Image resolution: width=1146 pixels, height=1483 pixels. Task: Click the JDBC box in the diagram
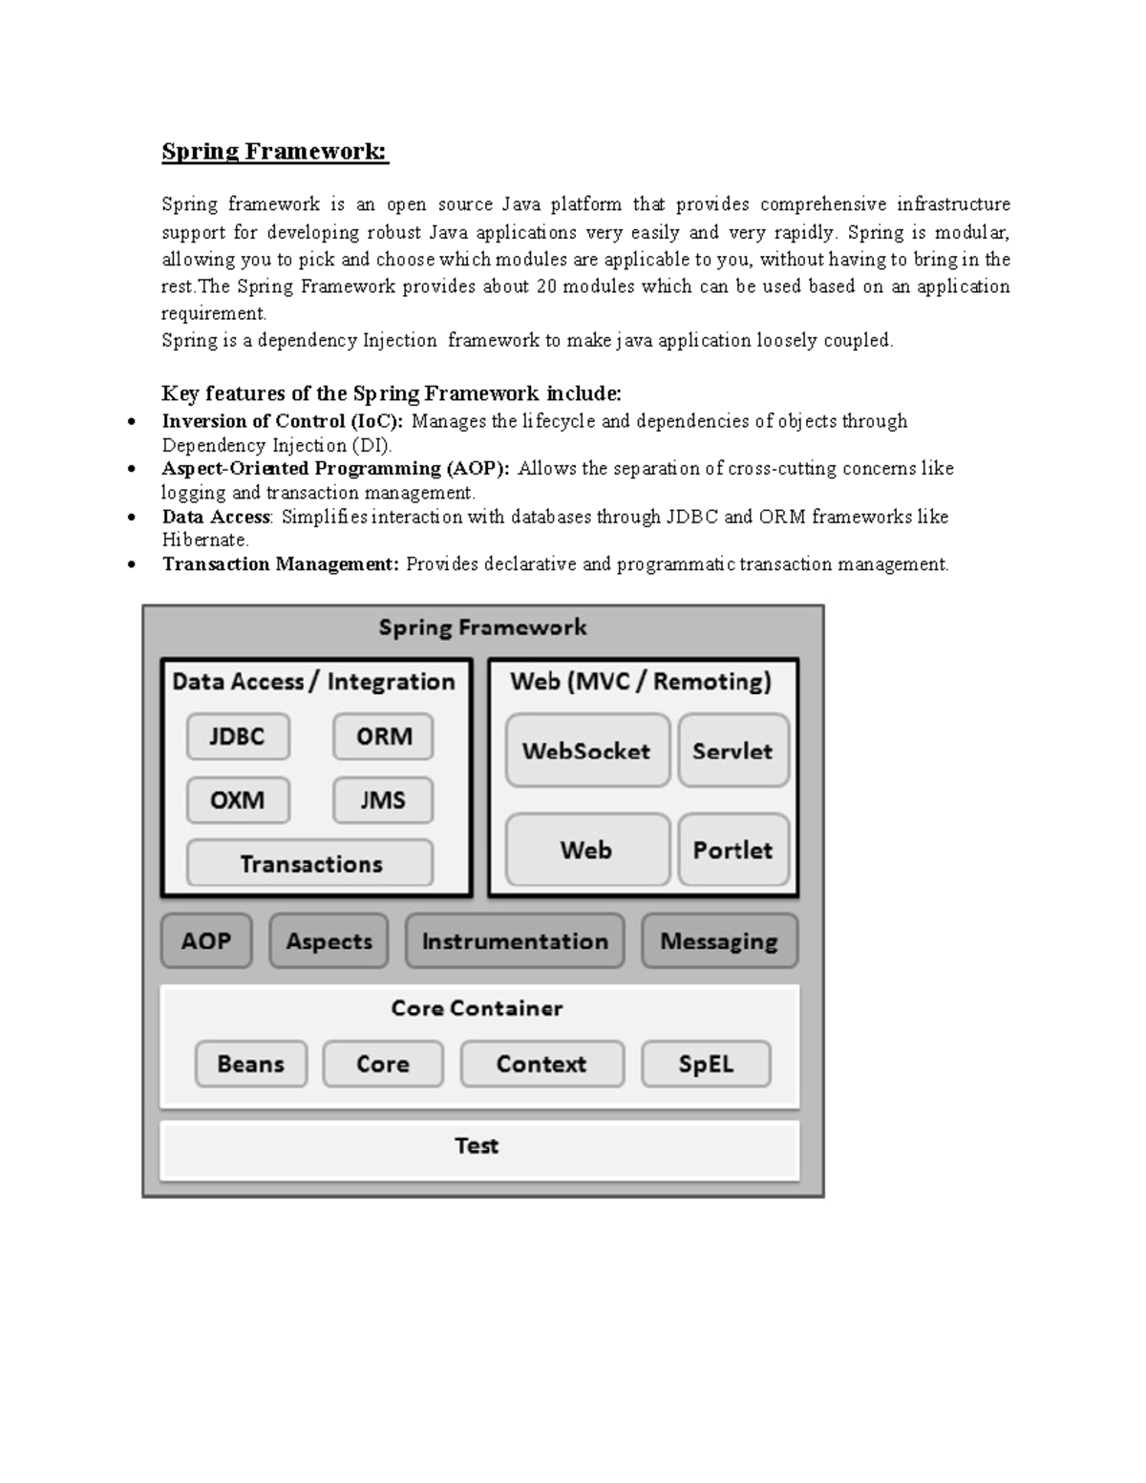pyautogui.click(x=238, y=736)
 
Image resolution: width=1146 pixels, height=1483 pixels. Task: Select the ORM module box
pyautogui.click(x=383, y=736)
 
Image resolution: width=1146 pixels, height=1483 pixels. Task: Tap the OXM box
pyautogui.click(x=238, y=800)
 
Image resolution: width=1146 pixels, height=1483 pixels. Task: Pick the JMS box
pyautogui.click(x=383, y=800)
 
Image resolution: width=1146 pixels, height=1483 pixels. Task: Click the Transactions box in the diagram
pyautogui.click(x=310, y=863)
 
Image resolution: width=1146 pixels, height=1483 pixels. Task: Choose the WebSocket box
pyautogui.click(x=586, y=751)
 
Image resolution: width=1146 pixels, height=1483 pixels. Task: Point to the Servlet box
pyautogui.click(x=732, y=751)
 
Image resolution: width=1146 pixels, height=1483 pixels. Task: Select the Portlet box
pyautogui.click(x=732, y=850)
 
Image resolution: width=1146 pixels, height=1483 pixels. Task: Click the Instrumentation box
pyautogui.click(x=515, y=942)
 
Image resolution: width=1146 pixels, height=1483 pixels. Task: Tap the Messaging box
pyautogui.click(x=719, y=942)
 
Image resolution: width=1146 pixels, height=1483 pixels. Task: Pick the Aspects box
pyautogui.click(x=329, y=942)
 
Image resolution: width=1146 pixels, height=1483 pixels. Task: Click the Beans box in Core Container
pyautogui.click(x=251, y=1064)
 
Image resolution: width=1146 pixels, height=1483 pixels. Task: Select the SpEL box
pyautogui.click(x=706, y=1064)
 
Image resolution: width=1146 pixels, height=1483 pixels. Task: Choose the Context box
pyautogui.click(x=541, y=1064)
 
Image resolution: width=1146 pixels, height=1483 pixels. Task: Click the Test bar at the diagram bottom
pyautogui.click(x=477, y=1147)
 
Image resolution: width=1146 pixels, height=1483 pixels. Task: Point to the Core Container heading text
pyautogui.click(x=477, y=1008)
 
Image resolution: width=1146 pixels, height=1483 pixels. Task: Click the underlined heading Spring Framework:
pyautogui.click(x=275, y=152)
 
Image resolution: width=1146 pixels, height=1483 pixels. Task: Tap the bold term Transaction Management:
pyautogui.click(x=281, y=564)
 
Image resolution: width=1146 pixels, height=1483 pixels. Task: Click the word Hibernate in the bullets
pyautogui.click(x=204, y=540)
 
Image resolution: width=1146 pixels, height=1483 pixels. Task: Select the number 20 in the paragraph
pyautogui.click(x=546, y=286)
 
